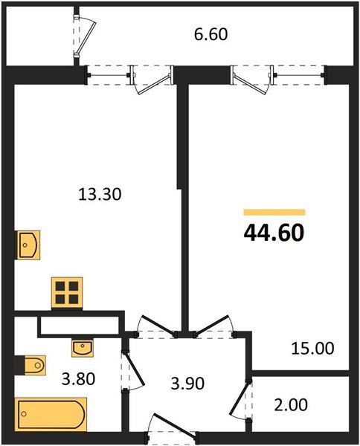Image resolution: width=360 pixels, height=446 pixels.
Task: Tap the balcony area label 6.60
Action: point(210,33)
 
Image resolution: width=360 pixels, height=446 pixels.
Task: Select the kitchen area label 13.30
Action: point(100,194)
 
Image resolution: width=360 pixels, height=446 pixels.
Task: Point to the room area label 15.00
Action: point(313,348)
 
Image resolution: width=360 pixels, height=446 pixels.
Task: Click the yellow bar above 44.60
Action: point(274,213)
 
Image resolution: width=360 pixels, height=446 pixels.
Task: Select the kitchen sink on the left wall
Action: point(28,245)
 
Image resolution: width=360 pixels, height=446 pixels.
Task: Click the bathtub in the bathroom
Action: point(51,413)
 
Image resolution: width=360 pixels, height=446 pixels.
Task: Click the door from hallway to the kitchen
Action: point(157,324)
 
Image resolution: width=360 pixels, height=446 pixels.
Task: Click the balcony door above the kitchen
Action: point(150,80)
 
